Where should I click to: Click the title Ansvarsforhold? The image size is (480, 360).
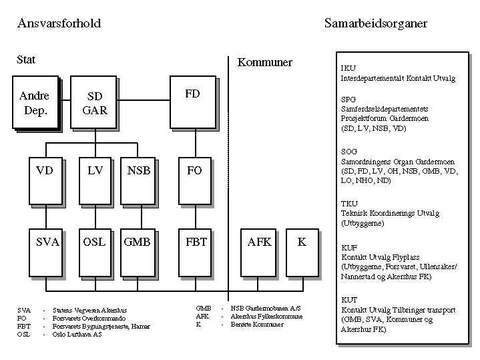(x=59, y=23)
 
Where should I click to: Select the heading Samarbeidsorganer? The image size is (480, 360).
(x=375, y=23)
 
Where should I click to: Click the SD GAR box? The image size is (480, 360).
(x=95, y=104)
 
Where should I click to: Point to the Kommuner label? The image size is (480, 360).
(x=265, y=62)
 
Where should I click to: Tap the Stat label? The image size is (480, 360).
(x=26, y=59)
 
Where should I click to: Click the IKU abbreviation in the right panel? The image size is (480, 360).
(x=348, y=68)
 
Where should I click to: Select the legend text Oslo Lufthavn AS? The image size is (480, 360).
(x=77, y=335)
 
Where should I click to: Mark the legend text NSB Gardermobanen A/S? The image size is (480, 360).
(x=262, y=308)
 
